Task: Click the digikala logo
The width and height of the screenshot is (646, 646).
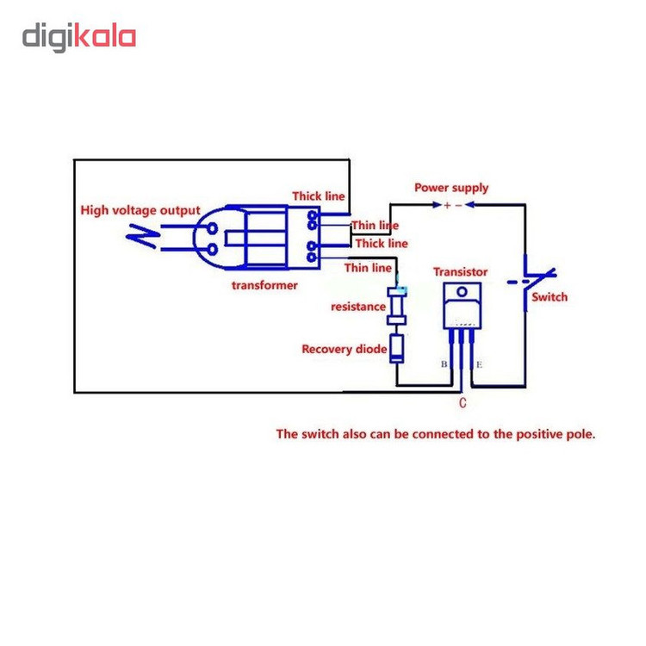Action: click(x=79, y=38)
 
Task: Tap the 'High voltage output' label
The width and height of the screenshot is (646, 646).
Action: click(x=140, y=209)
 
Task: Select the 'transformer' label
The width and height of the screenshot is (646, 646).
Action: click(x=264, y=285)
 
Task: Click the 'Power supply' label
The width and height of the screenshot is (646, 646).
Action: click(x=451, y=187)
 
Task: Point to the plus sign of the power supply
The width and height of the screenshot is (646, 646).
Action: click(x=446, y=206)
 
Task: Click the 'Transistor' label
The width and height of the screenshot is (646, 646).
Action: click(x=460, y=271)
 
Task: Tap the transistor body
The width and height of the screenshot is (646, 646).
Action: click(x=461, y=306)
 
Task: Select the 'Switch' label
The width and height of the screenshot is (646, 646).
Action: click(x=550, y=297)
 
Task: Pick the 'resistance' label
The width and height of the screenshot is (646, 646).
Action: click(x=357, y=307)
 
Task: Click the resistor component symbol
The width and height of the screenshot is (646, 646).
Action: click(x=397, y=307)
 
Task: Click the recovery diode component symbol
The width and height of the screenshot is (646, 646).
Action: click(x=397, y=347)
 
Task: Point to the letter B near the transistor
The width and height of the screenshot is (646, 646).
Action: click(x=444, y=364)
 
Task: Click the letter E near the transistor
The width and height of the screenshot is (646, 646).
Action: click(x=479, y=365)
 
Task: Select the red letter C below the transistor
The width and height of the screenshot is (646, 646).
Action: click(x=463, y=402)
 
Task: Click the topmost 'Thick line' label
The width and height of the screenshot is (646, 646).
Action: click(x=318, y=196)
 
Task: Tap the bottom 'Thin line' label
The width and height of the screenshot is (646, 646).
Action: click(x=369, y=268)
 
